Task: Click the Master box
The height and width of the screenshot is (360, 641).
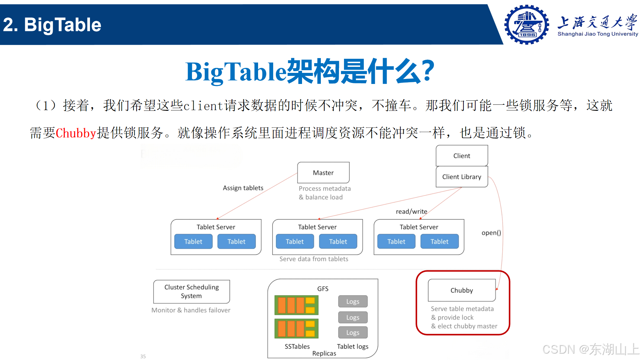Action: point(323,173)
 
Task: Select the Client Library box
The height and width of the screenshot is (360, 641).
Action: point(461,177)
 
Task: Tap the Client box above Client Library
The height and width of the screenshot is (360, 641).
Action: point(461,156)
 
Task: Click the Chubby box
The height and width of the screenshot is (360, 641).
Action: point(461,290)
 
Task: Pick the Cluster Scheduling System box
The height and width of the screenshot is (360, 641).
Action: point(191,291)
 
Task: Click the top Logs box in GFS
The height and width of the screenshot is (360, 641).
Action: point(353,302)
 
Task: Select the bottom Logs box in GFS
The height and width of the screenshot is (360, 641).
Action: point(353,332)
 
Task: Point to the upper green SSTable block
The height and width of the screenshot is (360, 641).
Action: point(296,305)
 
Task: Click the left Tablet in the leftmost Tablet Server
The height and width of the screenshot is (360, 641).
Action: point(193,241)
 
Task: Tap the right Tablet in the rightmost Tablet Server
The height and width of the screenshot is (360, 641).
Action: point(439,241)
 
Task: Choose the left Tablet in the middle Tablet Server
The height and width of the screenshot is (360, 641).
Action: point(295,241)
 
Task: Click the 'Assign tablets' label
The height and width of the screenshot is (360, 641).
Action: point(243,188)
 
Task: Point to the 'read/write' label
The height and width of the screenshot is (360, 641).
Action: point(411,212)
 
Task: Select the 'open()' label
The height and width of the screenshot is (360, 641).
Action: point(491,233)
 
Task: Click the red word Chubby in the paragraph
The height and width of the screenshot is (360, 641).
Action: point(76,133)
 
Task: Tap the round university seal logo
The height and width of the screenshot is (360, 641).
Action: point(527,25)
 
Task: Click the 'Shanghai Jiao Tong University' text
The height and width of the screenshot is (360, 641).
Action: point(598,34)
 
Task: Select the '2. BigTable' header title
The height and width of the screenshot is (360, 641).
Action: point(52,25)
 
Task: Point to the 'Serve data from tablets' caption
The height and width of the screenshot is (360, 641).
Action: point(314,259)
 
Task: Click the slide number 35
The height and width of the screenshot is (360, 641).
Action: point(143,356)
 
